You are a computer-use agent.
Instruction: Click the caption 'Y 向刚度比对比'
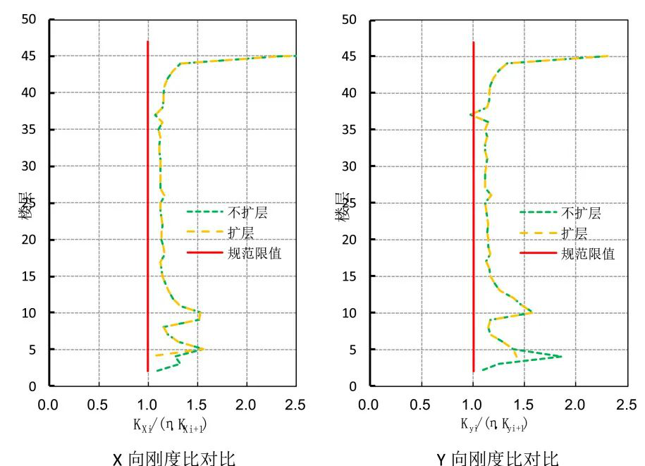click(497, 459)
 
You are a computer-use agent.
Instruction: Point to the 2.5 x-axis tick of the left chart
click(295, 405)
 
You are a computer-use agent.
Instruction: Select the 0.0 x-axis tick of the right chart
click(368, 405)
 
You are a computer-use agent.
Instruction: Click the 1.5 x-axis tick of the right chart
click(524, 405)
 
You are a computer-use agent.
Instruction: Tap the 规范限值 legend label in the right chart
click(588, 253)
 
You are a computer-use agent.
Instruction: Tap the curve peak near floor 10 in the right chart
click(532, 312)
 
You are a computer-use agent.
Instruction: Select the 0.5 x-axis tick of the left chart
click(98, 405)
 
